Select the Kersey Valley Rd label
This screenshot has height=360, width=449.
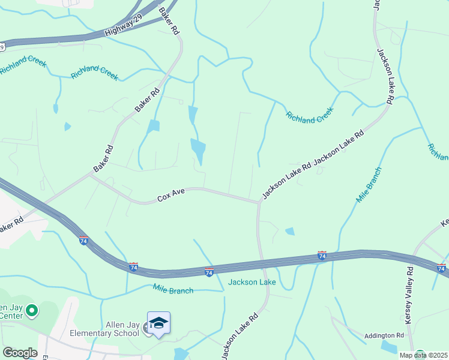[x=409, y=295]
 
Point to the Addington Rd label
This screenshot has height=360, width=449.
[x=384, y=335]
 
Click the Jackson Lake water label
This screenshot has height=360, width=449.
[x=251, y=282]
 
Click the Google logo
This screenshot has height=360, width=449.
[x=19, y=353]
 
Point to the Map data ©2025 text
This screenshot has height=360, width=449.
[x=422, y=355]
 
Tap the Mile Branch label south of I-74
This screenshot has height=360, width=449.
[x=173, y=290]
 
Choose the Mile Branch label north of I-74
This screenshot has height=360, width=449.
[x=369, y=185]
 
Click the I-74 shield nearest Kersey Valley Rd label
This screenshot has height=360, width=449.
[x=442, y=268]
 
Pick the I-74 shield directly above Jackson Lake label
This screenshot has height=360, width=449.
[x=209, y=272]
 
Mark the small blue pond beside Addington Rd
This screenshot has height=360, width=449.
[x=388, y=347]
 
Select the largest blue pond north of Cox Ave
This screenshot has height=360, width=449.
[x=197, y=148]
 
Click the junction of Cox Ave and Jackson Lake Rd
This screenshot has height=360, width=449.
[x=259, y=202]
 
